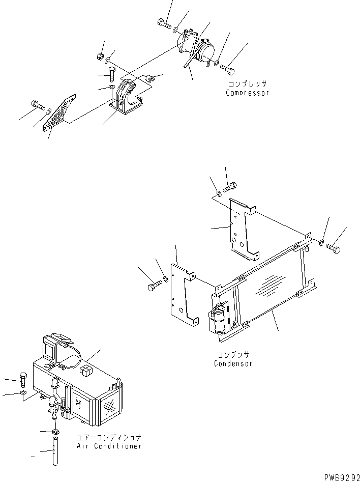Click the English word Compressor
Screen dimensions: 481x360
click(x=247, y=93)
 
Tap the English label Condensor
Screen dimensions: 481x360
click(x=233, y=363)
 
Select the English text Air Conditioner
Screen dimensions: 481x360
click(x=108, y=446)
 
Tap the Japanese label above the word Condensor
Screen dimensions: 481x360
click(x=233, y=355)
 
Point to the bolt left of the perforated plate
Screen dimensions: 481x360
click(x=38, y=106)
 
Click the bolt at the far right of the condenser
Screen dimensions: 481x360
click(x=333, y=248)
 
